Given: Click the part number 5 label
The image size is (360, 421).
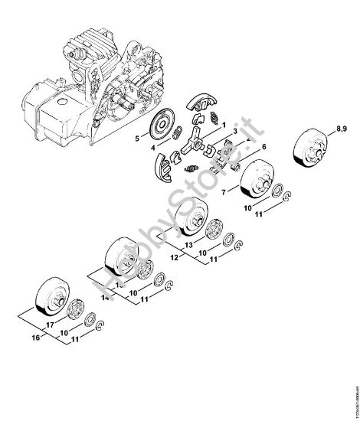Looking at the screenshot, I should [136, 139].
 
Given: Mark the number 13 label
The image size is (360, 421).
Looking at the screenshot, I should [188, 245].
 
